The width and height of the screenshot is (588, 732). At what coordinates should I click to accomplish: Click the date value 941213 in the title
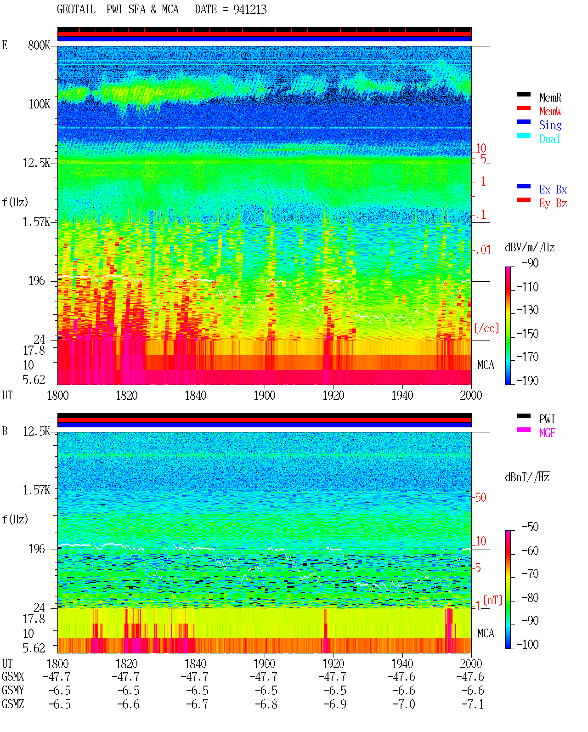[x=250, y=9]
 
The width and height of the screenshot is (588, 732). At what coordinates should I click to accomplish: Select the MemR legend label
[x=550, y=97]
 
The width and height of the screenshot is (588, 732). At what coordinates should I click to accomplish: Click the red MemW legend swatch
[x=523, y=108]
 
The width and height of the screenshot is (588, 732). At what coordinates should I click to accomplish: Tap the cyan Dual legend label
[x=549, y=139]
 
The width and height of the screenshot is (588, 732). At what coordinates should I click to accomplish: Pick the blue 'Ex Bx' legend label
[x=553, y=189]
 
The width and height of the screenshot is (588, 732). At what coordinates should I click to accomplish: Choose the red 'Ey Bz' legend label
[x=553, y=203]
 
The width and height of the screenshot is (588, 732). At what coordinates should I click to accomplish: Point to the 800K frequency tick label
[x=39, y=45]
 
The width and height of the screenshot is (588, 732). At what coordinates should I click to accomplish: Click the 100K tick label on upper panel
[x=39, y=104]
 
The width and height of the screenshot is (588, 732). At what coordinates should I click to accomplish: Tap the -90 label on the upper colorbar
[x=530, y=263]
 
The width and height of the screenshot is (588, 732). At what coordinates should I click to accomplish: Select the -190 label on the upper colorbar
[x=527, y=380]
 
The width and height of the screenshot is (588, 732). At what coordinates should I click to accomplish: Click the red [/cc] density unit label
[x=486, y=328]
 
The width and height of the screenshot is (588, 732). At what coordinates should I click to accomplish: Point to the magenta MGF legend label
[x=547, y=433]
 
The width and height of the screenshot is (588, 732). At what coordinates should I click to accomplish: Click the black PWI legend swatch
[x=523, y=416]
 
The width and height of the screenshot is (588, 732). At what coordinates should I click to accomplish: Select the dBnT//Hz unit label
[x=527, y=477]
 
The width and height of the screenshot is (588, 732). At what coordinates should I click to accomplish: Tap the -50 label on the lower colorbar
[x=530, y=527]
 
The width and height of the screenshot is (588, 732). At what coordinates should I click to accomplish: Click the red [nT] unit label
[x=493, y=600]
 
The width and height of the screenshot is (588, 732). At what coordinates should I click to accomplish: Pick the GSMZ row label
[x=13, y=704]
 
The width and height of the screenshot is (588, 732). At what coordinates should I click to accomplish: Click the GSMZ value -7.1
[x=473, y=704]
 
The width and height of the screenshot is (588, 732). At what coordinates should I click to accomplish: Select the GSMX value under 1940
[x=401, y=676]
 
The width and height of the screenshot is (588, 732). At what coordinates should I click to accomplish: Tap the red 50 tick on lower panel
[x=481, y=497]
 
